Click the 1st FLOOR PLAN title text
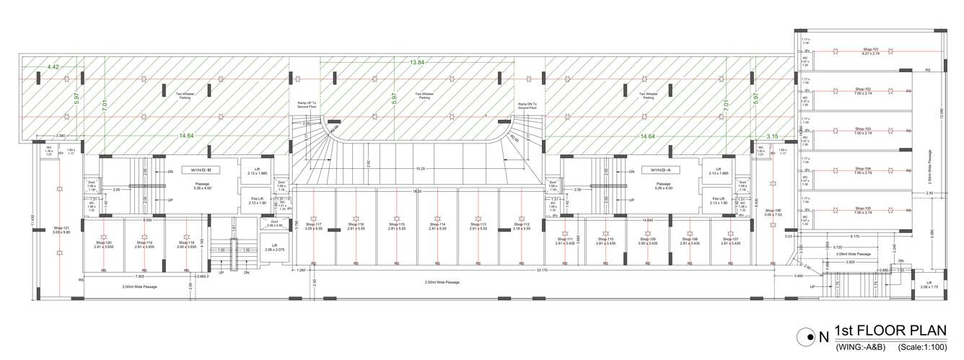pos(890,331)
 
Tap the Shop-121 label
pos(60,229)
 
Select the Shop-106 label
pos(773,212)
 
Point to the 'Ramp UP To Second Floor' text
pos(308,105)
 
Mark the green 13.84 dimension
pos(417,63)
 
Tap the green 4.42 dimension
pos(53,67)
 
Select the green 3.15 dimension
pos(772,136)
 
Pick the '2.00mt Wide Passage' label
pos(139,286)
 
